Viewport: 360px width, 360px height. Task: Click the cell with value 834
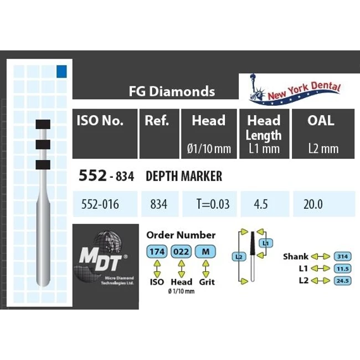tap(158, 204)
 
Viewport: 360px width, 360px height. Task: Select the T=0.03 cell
tap(210, 204)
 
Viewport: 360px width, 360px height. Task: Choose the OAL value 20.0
tap(313, 204)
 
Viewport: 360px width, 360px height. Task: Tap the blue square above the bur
tap(61, 70)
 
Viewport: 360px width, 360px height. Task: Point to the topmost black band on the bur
tap(43, 124)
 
